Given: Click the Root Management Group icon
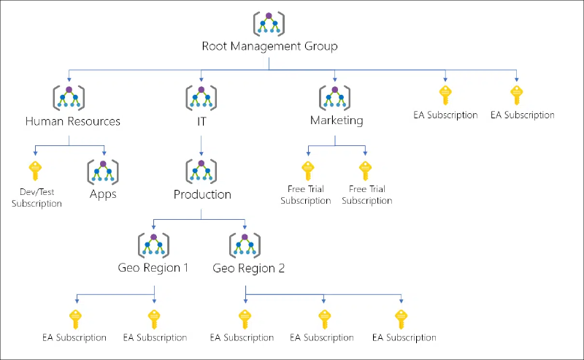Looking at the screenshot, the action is [x=269, y=23].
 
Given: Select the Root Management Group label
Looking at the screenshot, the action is [x=269, y=46].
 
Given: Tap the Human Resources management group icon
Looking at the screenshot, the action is [x=69, y=98].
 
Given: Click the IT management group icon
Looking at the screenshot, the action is [x=201, y=98].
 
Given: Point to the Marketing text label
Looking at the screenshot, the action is [x=337, y=120].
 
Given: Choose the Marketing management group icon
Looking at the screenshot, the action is [x=335, y=98].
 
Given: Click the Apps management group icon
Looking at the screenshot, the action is [x=103, y=172].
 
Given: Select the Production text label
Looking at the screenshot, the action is [x=202, y=194].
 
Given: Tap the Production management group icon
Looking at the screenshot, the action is [x=201, y=172].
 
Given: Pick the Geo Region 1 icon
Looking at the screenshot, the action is [x=154, y=245].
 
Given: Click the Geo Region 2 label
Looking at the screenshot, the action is [x=248, y=268].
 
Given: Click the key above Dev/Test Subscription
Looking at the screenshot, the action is [x=35, y=171].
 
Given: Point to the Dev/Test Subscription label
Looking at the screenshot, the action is [x=36, y=197].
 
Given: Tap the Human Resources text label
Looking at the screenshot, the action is [x=72, y=121].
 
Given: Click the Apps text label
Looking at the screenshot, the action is [x=103, y=194].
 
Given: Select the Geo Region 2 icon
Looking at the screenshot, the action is [x=245, y=245].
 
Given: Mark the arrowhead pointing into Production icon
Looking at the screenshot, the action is [x=201, y=153].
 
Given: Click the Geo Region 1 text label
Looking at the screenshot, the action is [x=153, y=268].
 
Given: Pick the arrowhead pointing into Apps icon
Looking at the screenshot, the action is [x=104, y=153].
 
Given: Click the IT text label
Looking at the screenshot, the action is [x=201, y=121].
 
